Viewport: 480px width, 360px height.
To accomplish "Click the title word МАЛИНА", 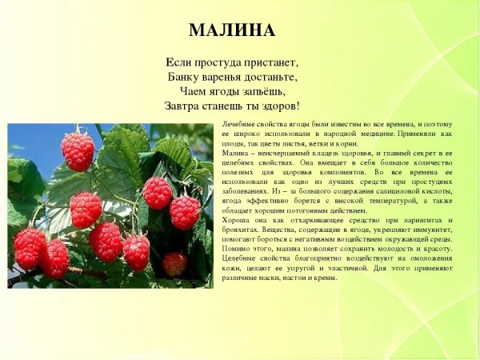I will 232,30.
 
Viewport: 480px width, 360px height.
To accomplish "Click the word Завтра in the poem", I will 182,106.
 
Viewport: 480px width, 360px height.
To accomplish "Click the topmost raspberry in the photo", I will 78,151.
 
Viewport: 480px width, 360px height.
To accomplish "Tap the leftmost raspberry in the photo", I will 29,247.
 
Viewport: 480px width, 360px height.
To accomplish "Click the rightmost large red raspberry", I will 185,212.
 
